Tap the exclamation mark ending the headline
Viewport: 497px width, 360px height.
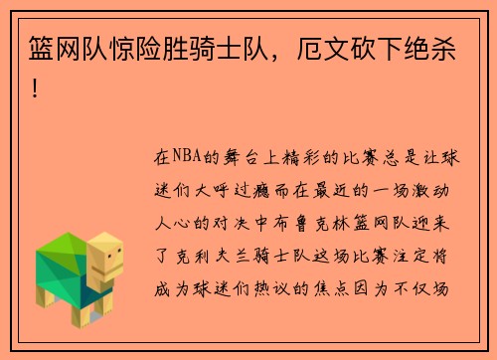coord(37,89)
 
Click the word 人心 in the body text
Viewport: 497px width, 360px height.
coord(176,224)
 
